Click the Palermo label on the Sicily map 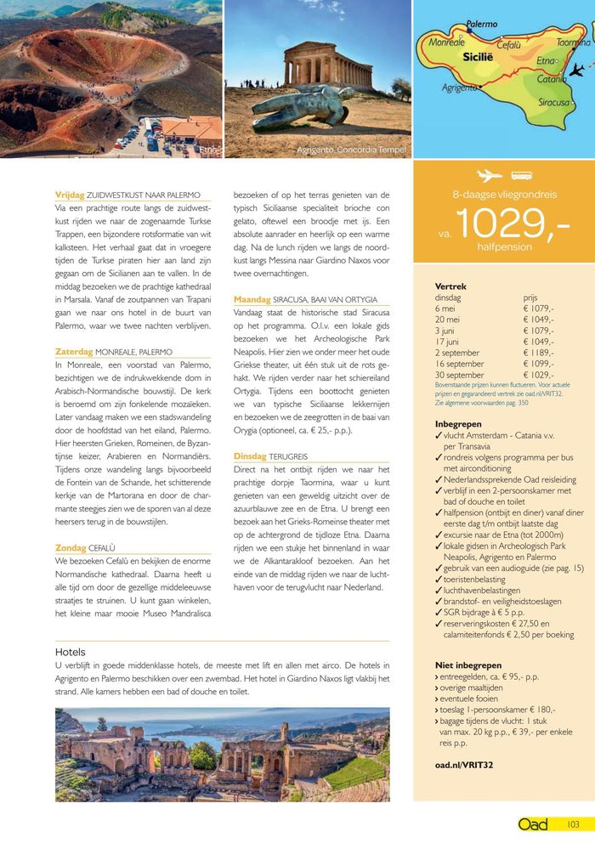click(x=481, y=25)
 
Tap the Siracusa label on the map click(x=554, y=102)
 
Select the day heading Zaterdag click(x=73, y=351)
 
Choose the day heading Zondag click(x=71, y=547)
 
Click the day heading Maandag click(x=252, y=300)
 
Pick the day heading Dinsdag click(x=250, y=456)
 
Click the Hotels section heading click(x=72, y=652)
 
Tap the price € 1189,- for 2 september click(x=539, y=352)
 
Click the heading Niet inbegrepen click(x=467, y=665)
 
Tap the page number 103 click(x=573, y=824)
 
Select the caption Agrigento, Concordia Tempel click(x=351, y=150)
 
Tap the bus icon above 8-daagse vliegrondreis click(x=521, y=176)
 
